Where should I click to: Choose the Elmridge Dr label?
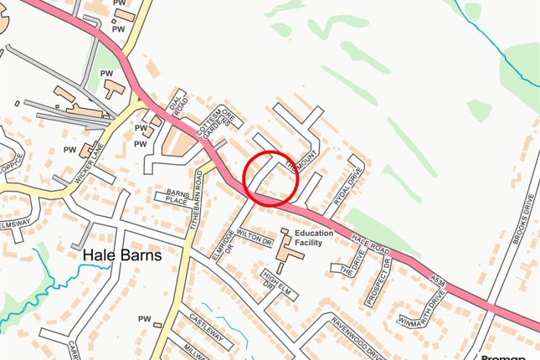tap(222, 245)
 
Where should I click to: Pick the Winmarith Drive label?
tap(423, 311)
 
